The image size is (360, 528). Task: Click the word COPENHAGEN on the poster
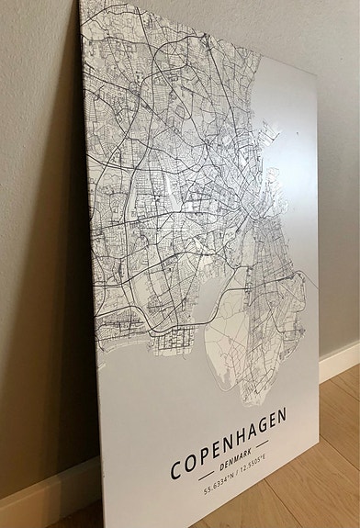coord(228,443)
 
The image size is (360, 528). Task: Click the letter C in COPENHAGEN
coord(177,469)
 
